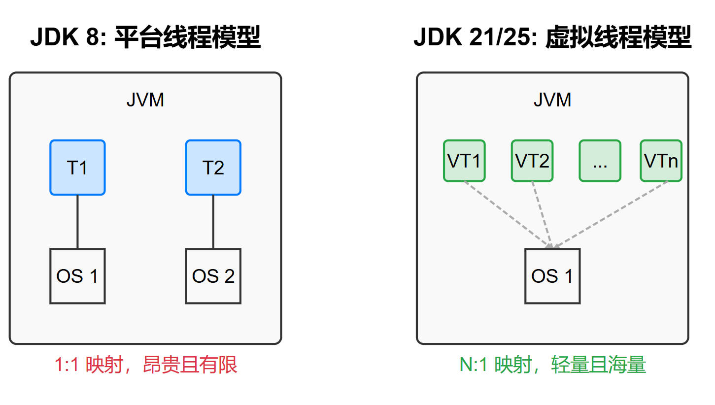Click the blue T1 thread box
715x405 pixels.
77,168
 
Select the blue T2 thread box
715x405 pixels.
213,168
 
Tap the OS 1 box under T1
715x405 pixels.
77,276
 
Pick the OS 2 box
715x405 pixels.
213,276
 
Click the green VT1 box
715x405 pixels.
464,161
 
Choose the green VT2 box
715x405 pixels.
532,161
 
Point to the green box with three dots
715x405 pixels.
600,161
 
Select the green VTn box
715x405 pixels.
661,161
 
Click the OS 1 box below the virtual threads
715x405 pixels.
552,276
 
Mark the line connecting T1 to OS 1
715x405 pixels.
77,222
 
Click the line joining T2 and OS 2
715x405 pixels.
213,222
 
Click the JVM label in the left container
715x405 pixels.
145,100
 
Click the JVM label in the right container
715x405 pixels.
552,100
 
